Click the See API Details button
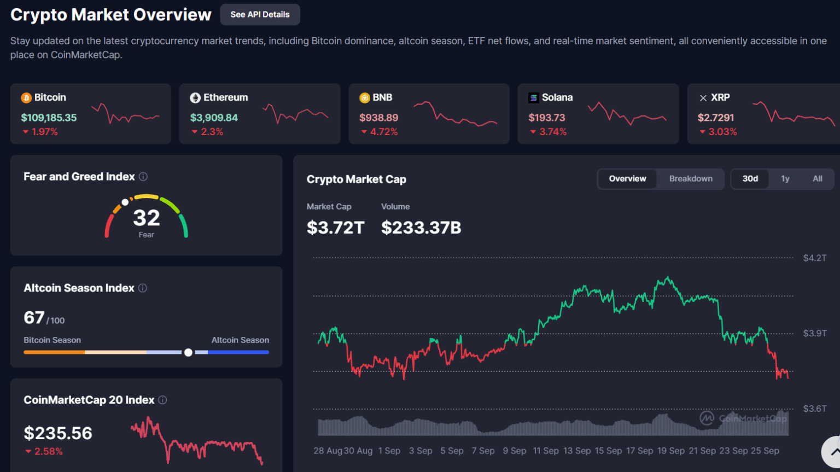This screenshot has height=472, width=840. [x=260, y=15]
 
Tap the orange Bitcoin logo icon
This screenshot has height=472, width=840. [x=26, y=98]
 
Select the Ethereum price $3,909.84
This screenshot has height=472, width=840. [x=214, y=118]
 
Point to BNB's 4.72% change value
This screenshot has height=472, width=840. [x=383, y=132]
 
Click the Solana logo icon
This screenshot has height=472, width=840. [x=533, y=98]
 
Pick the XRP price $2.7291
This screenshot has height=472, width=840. [x=715, y=118]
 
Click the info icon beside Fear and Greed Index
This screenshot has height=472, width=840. [x=143, y=177]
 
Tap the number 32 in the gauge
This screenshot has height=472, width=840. [x=147, y=218]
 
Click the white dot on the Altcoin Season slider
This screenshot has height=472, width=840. [x=188, y=353]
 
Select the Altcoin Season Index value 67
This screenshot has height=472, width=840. [x=34, y=318]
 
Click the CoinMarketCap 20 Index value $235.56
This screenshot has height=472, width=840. [x=58, y=433]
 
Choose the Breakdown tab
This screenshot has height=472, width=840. [x=691, y=179]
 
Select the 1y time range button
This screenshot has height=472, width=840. [x=785, y=179]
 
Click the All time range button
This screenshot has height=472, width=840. [x=817, y=179]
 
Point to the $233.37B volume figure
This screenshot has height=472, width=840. [x=421, y=228]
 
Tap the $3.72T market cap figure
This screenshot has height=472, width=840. [x=335, y=228]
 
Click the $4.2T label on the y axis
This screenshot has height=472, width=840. [x=814, y=258]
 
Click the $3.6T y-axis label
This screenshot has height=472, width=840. [x=814, y=409]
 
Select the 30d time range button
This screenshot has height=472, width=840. [x=750, y=179]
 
